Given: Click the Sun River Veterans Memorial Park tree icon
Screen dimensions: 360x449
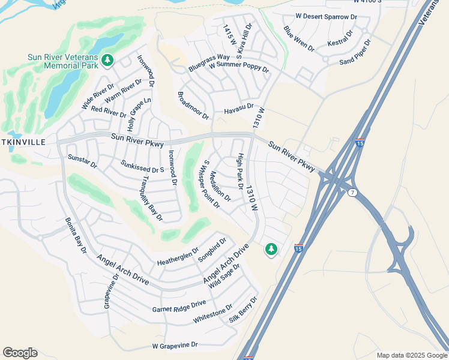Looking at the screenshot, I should pyautogui.click(x=107, y=60).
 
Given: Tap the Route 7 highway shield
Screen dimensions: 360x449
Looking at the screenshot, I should pyautogui.click(x=352, y=192).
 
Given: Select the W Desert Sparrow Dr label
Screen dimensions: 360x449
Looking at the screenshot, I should pyautogui.click(x=326, y=17).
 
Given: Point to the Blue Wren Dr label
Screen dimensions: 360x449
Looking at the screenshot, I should pyautogui.click(x=298, y=38).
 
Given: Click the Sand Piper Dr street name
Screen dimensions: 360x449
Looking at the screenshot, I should pyautogui.click(x=355, y=53).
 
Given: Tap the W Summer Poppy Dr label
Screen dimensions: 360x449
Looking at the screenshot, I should pyautogui.click(x=238, y=67).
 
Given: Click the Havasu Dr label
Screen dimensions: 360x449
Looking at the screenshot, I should pyautogui.click(x=239, y=111).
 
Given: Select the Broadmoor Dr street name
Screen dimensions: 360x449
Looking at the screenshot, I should pyautogui.click(x=193, y=106).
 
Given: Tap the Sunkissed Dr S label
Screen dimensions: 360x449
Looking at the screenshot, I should pyautogui.click(x=142, y=166).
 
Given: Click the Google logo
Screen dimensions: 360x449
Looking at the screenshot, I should pyautogui.click(x=20, y=353).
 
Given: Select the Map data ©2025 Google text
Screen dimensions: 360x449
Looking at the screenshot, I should pyautogui.click(x=411, y=355).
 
